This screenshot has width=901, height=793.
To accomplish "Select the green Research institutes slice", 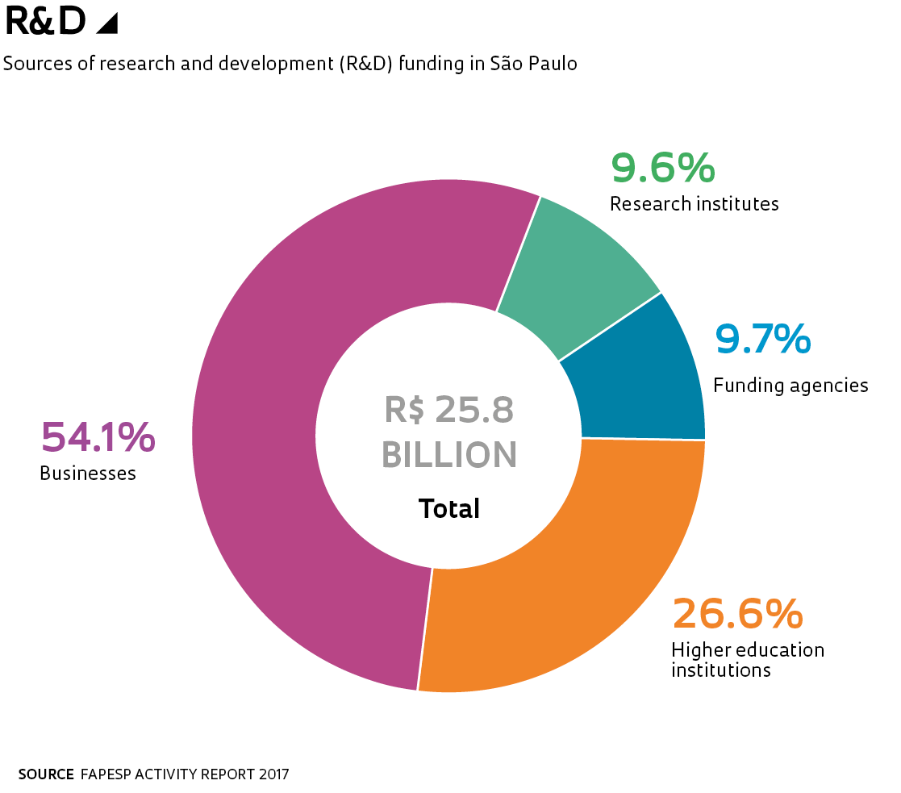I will tap(581, 266).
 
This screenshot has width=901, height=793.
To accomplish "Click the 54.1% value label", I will tap(98, 437).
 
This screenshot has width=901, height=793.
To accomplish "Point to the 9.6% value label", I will tap(662, 168).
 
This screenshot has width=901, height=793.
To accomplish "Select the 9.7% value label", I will tap(762, 339).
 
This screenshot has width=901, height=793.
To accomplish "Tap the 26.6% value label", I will tap(737, 614).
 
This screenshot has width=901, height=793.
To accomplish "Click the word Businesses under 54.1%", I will tap(88, 474).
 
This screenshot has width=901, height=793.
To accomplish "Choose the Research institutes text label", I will tap(694, 204).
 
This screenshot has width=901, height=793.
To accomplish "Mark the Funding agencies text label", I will tap(790, 386).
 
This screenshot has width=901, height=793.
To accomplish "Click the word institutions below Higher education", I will tap(721, 670).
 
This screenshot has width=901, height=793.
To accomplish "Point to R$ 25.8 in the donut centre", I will tap(448, 410).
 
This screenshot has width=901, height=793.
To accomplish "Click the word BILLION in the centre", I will tap(448, 455).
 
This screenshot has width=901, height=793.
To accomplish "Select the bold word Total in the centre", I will tap(448, 509).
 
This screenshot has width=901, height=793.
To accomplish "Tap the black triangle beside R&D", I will tap(107, 24).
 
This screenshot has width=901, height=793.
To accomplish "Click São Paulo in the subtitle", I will tap(534, 64).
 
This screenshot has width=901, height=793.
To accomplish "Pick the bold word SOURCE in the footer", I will tap(46, 774).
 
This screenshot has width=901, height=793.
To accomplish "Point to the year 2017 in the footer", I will tap(274, 774).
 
